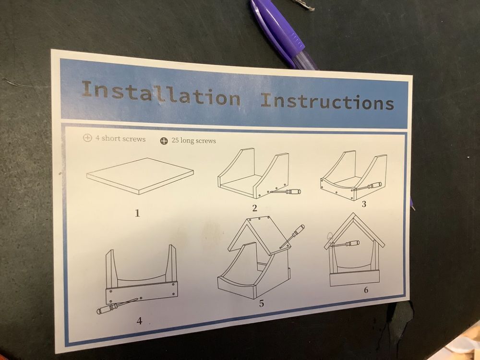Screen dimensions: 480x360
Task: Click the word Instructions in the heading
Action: click(327, 101)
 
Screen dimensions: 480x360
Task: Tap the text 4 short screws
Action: click(120, 139)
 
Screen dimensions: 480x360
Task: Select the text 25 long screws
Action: click(193, 141)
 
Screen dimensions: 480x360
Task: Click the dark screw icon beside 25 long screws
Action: click(164, 141)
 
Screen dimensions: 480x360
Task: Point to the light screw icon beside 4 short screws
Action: click(87, 138)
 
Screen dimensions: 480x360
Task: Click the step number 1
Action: click(137, 213)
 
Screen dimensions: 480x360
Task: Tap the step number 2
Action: click(255, 208)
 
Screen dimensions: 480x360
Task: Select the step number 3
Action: click(364, 204)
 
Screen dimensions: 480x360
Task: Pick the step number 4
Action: click(139, 321)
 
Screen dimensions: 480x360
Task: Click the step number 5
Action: click(262, 303)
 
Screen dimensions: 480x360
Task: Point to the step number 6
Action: click(366, 290)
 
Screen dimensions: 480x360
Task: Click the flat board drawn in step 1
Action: click(140, 176)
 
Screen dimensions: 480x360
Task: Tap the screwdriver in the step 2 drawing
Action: click(285, 192)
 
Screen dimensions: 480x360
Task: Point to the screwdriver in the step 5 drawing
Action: click(292, 236)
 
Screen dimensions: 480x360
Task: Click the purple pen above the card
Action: click(283, 34)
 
